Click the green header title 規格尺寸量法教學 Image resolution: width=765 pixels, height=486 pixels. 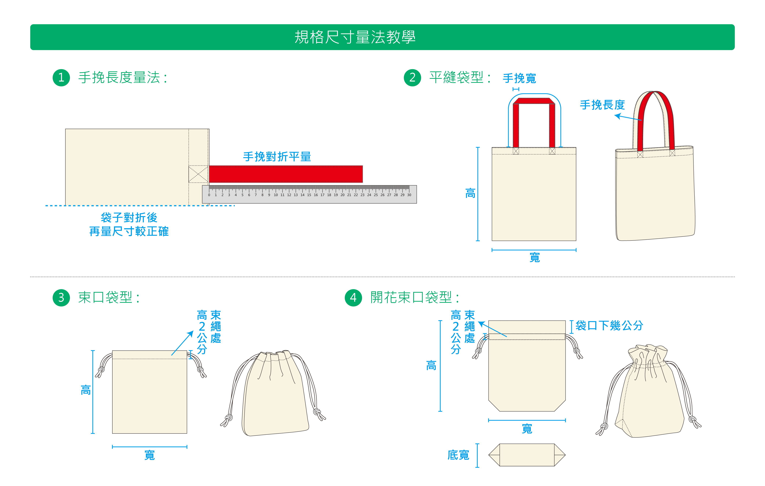[355, 37]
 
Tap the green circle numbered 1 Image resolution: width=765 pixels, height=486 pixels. [61, 77]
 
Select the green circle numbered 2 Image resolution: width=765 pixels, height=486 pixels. [412, 77]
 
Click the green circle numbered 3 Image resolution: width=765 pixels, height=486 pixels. [61, 298]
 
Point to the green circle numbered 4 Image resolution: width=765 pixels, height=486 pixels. [353, 298]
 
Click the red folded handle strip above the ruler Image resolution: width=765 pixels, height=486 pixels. [286, 174]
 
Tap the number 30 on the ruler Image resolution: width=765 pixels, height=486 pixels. [409, 195]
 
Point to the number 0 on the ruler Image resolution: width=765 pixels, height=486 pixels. [209, 195]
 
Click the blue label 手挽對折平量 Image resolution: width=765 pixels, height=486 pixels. [277, 157]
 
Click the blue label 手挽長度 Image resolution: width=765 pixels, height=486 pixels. [602, 105]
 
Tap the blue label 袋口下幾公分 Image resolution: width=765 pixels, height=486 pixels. [609, 326]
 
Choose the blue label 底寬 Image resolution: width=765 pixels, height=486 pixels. [458, 455]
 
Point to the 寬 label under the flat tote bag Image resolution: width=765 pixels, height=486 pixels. [535, 257]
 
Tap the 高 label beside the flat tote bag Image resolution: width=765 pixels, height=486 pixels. [470, 193]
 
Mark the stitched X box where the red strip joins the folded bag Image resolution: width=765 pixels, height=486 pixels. [198, 174]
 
